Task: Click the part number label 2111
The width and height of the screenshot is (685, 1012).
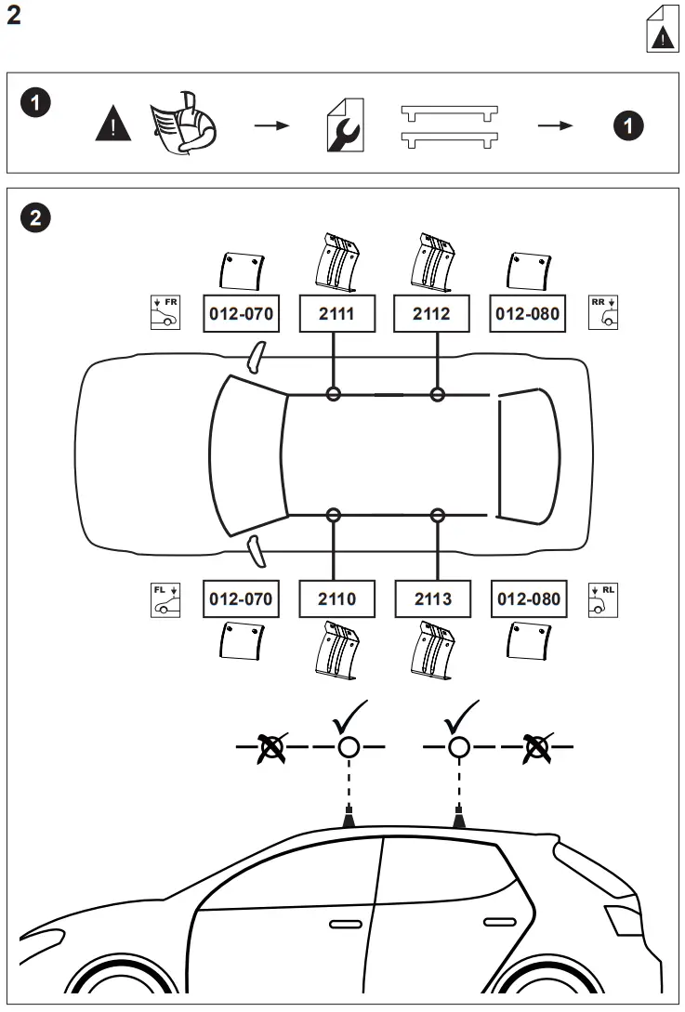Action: click(x=336, y=314)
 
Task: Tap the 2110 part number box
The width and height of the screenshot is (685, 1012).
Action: click(x=336, y=599)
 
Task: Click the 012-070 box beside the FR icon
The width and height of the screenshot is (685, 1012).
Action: click(x=241, y=314)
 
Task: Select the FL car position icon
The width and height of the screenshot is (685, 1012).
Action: click(x=165, y=599)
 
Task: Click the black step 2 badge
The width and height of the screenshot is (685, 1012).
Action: click(x=35, y=218)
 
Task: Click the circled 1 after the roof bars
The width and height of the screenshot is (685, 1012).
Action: click(x=629, y=125)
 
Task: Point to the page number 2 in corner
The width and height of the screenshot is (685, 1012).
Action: click(x=14, y=18)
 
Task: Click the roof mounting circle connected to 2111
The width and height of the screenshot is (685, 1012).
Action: click(x=334, y=395)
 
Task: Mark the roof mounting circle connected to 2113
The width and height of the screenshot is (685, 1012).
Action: click(x=438, y=514)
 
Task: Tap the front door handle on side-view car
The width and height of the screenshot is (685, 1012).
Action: click(x=346, y=923)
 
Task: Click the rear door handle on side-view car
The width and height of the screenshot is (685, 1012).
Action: click(x=499, y=921)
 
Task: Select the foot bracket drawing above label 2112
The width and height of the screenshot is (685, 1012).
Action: click(x=430, y=262)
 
